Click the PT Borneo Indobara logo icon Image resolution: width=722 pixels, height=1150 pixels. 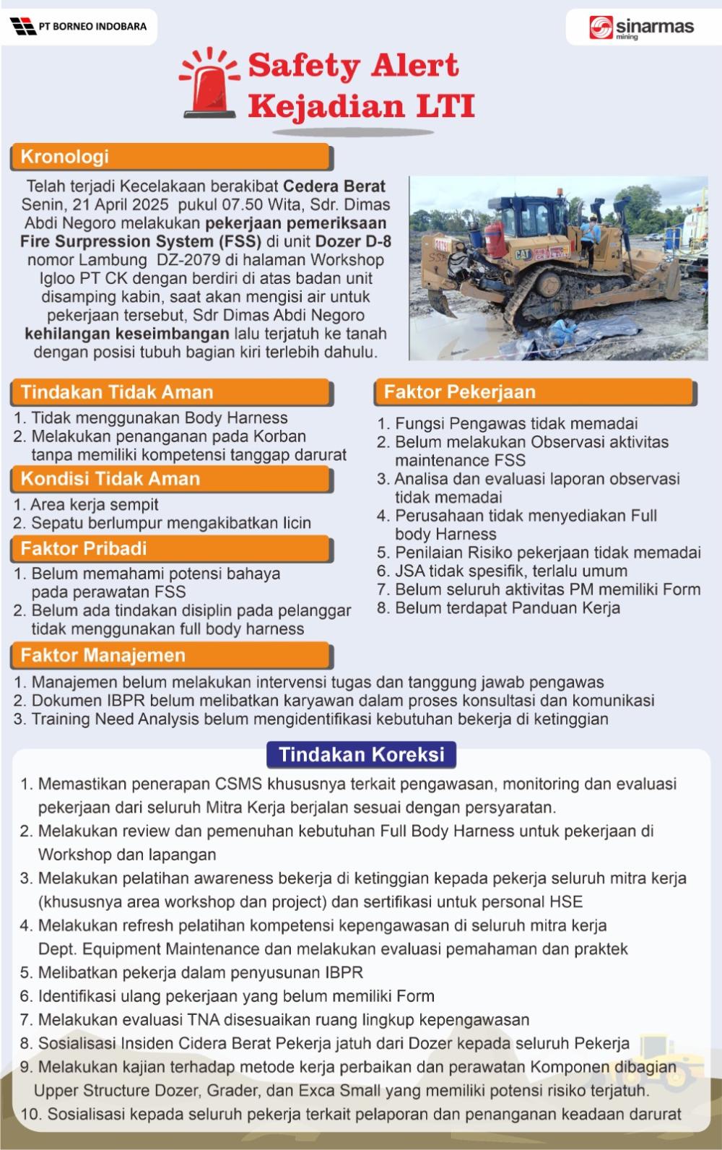coord(23,27)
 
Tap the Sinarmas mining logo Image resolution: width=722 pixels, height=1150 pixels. coord(642,27)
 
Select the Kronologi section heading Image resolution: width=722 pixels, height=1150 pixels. coord(65,157)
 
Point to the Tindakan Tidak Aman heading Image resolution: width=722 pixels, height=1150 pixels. coord(117,392)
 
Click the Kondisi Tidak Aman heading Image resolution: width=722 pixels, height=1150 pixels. coord(110,478)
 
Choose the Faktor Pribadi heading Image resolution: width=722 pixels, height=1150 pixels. coord(84,548)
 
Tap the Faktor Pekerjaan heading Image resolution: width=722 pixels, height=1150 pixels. coord(460,392)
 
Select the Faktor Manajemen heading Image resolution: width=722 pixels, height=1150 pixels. coord(103,655)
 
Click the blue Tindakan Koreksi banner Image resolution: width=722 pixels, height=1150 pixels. coord(361,754)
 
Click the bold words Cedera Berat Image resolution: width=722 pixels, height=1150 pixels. coord(334,186)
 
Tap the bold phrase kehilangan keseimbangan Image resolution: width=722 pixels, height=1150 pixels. coord(127,334)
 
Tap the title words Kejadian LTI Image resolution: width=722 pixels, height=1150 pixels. coord(361,106)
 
